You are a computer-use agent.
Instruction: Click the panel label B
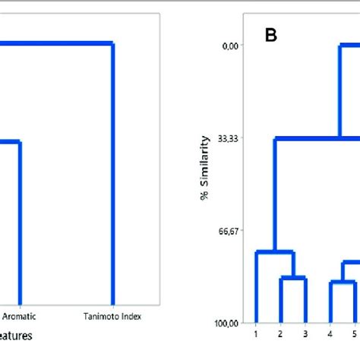click(x=270, y=35)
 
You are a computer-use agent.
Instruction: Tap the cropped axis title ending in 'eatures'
click(x=15, y=333)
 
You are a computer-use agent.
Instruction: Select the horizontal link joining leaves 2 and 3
click(x=293, y=278)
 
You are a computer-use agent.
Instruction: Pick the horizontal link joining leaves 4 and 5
click(x=343, y=282)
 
